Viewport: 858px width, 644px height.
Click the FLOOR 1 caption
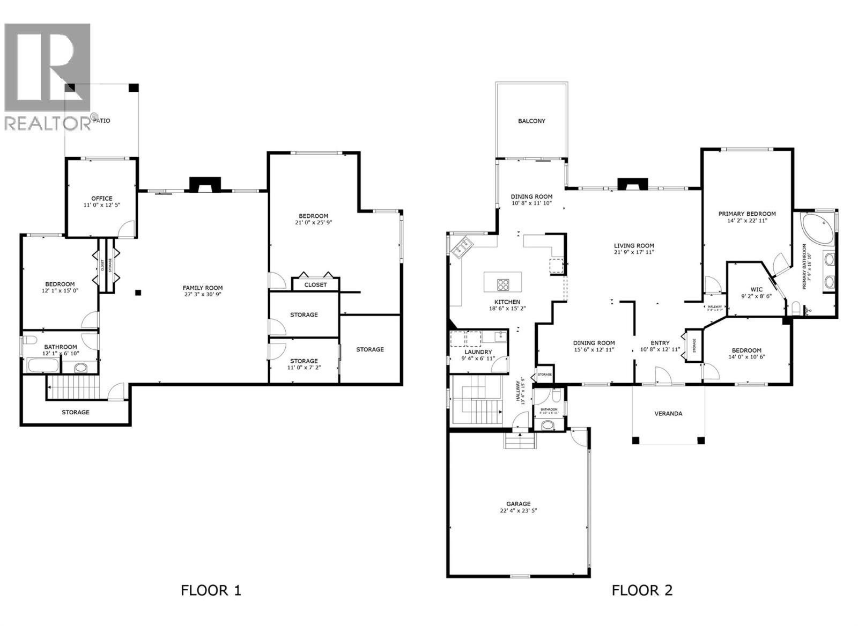tap(211, 590)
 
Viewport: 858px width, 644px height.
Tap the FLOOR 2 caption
tap(642, 590)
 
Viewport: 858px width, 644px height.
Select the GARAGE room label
tap(518, 503)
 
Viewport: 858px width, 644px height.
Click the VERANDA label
tap(668, 413)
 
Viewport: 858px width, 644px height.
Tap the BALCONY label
tap(531, 121)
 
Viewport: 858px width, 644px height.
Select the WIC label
tap(756, 289)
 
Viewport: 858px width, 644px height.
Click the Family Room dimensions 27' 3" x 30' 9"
tap(202, 295)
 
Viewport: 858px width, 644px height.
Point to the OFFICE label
tap(101, 198)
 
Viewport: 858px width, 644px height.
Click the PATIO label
tap(101, 120)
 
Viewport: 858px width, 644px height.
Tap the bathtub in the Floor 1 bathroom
tap(43, 367)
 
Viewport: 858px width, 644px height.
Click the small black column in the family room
tap(138, 292)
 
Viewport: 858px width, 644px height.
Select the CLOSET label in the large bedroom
tap(315, 284)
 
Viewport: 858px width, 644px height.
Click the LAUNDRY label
tap(478, 352)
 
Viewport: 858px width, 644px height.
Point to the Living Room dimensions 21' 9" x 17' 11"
tap(634, 252)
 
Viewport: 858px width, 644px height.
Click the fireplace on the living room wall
tap(633, 185)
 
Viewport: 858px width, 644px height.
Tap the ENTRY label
tap(660, 343)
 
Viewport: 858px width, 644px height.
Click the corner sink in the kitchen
tap(462, 248)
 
